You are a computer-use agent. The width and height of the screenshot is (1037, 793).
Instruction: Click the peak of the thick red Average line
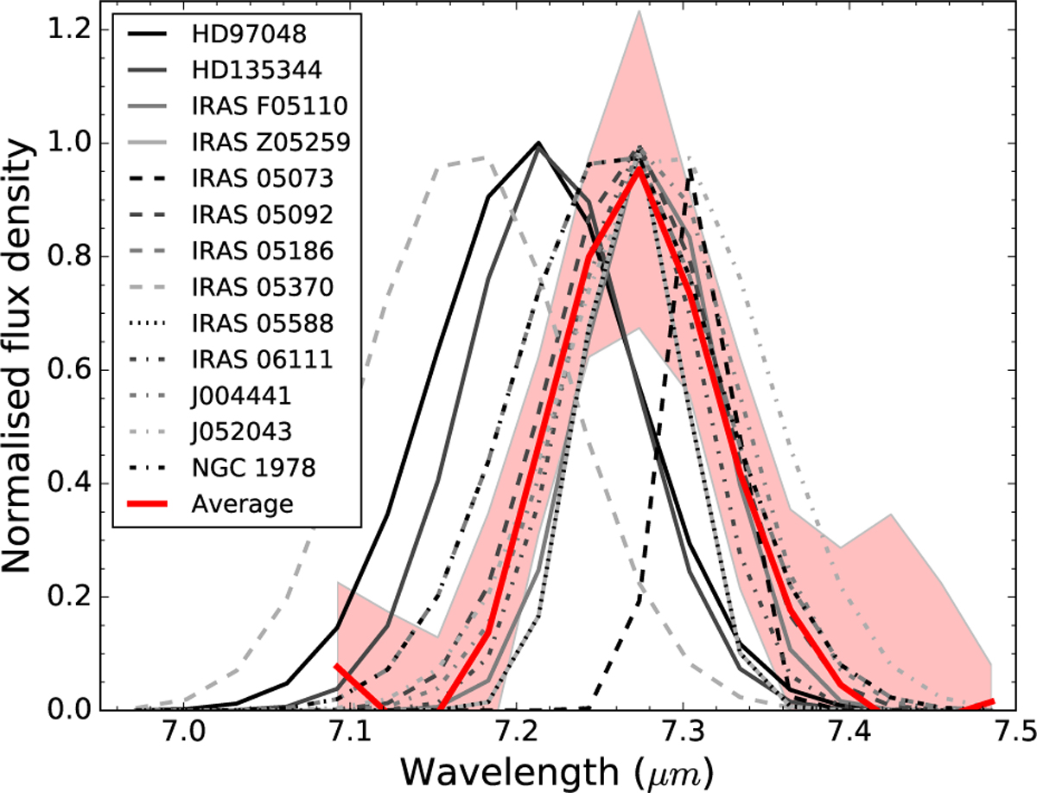tap(638, 169)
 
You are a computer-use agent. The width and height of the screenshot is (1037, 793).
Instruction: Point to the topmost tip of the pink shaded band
tap(638, 10)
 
